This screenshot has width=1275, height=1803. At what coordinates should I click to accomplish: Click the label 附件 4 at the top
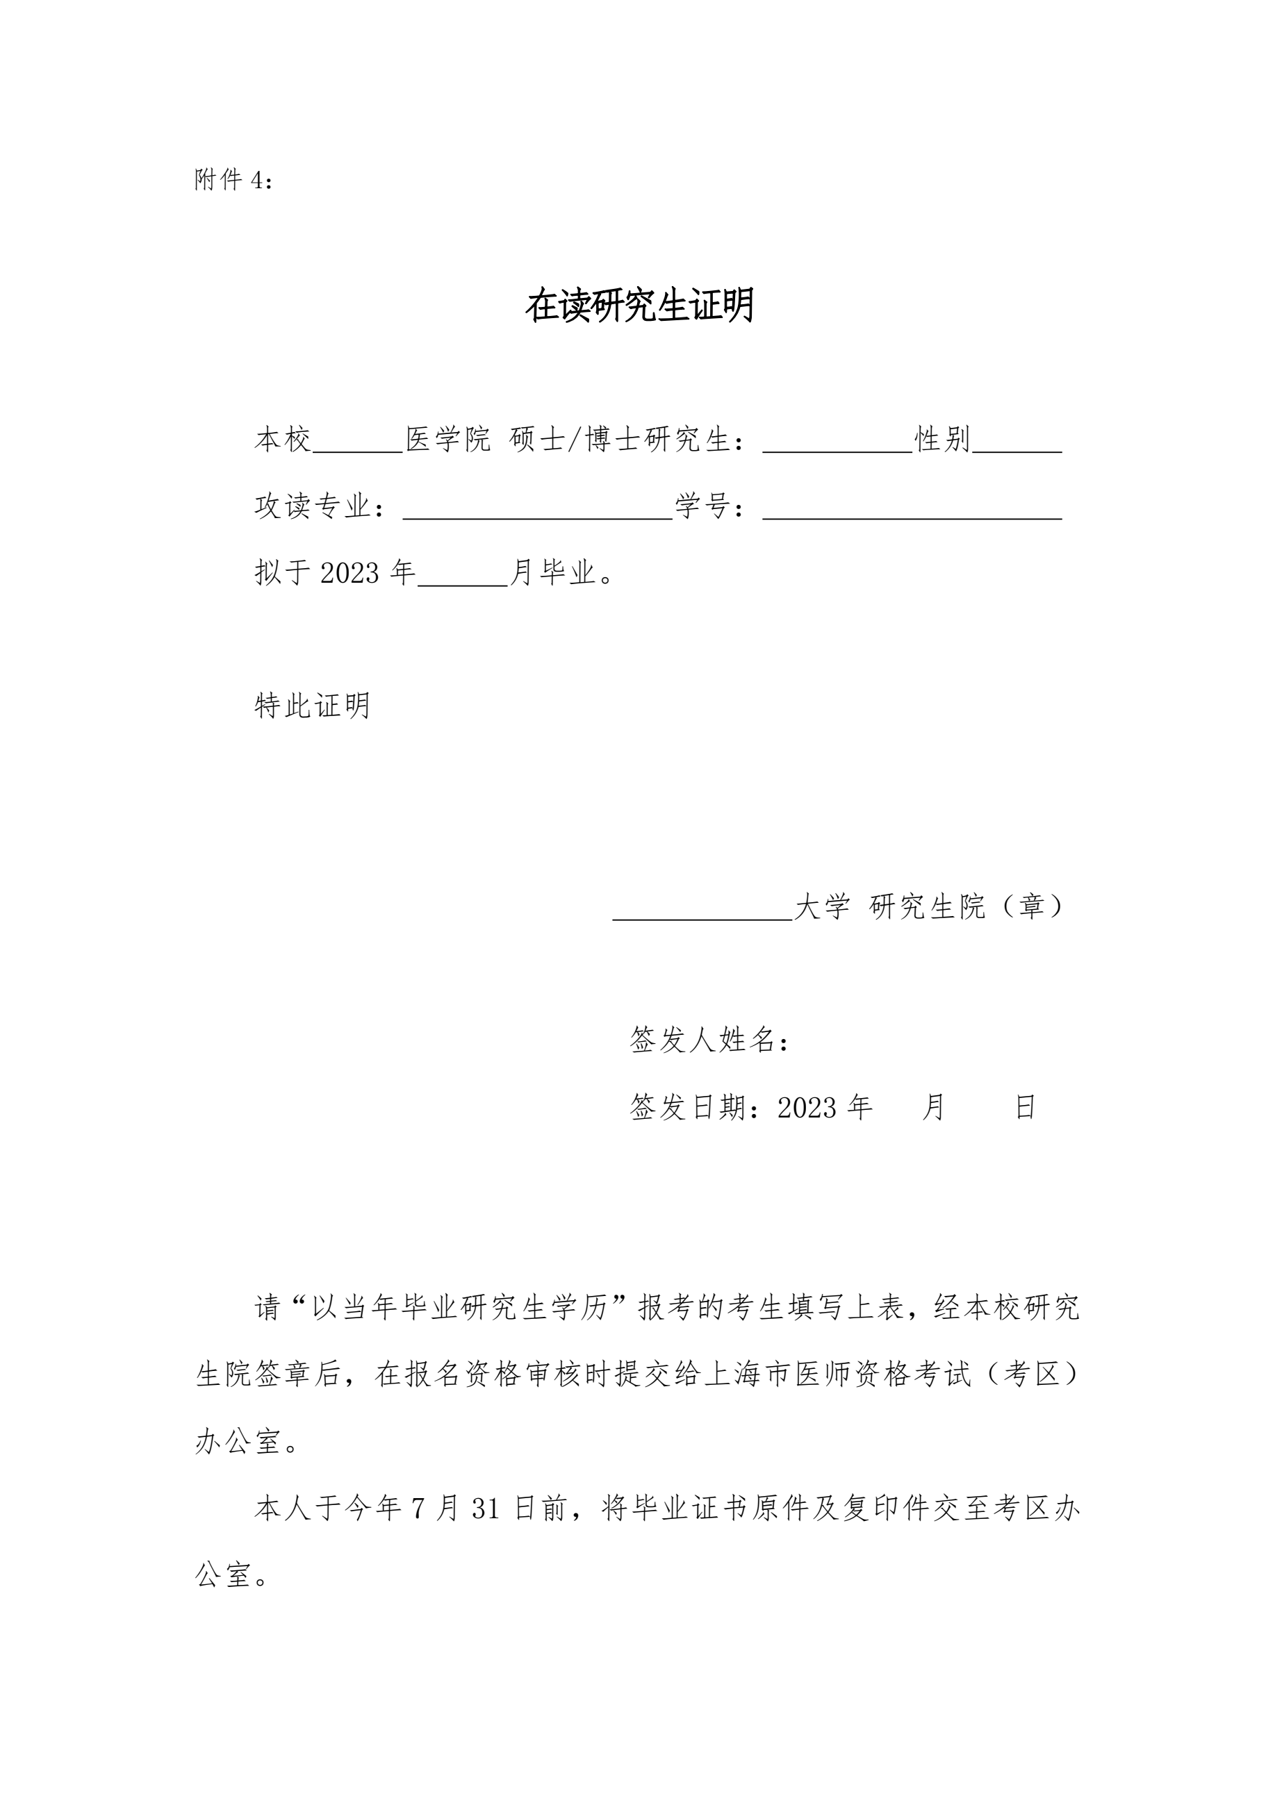pos(233,180)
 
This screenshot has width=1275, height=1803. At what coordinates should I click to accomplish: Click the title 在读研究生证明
pos(639,306)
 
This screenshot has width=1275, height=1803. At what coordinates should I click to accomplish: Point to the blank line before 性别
pos(837,446)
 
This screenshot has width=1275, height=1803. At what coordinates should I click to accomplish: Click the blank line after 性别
pos(1017,446)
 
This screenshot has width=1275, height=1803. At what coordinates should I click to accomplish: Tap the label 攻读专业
pos(313,506)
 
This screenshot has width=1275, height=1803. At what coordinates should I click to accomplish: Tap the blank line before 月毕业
pos(463,579)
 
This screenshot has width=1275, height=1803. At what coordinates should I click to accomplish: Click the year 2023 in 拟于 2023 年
pos(349,573)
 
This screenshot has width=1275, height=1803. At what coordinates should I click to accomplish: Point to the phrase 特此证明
pos(313,706)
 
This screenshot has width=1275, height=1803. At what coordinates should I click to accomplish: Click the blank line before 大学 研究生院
pos(702,913)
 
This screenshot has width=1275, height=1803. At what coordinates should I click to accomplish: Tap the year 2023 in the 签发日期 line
pos(808,1107)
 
